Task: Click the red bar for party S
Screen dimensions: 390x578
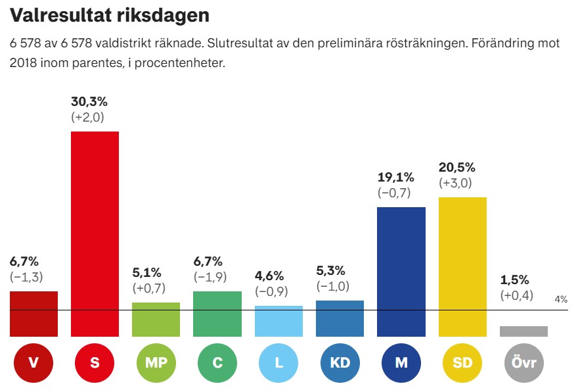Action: (x=95, y=233)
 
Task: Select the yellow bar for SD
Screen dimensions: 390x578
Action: (x=462, y=266)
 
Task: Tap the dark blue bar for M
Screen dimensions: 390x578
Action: (x=401, y=272)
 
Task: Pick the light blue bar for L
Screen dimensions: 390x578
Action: (x=278, y=321)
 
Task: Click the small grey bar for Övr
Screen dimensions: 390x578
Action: (x=523, y=331)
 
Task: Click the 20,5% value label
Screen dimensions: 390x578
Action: (x=457, y=168)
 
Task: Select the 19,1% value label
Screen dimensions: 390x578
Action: (x=396, y=178)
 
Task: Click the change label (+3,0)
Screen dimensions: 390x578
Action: (x=456, y=183)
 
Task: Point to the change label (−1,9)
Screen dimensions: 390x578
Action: (x=210, y=277)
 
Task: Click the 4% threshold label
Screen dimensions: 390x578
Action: (x=561, y=299)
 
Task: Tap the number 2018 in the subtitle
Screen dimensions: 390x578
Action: (x=24, y=64)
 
